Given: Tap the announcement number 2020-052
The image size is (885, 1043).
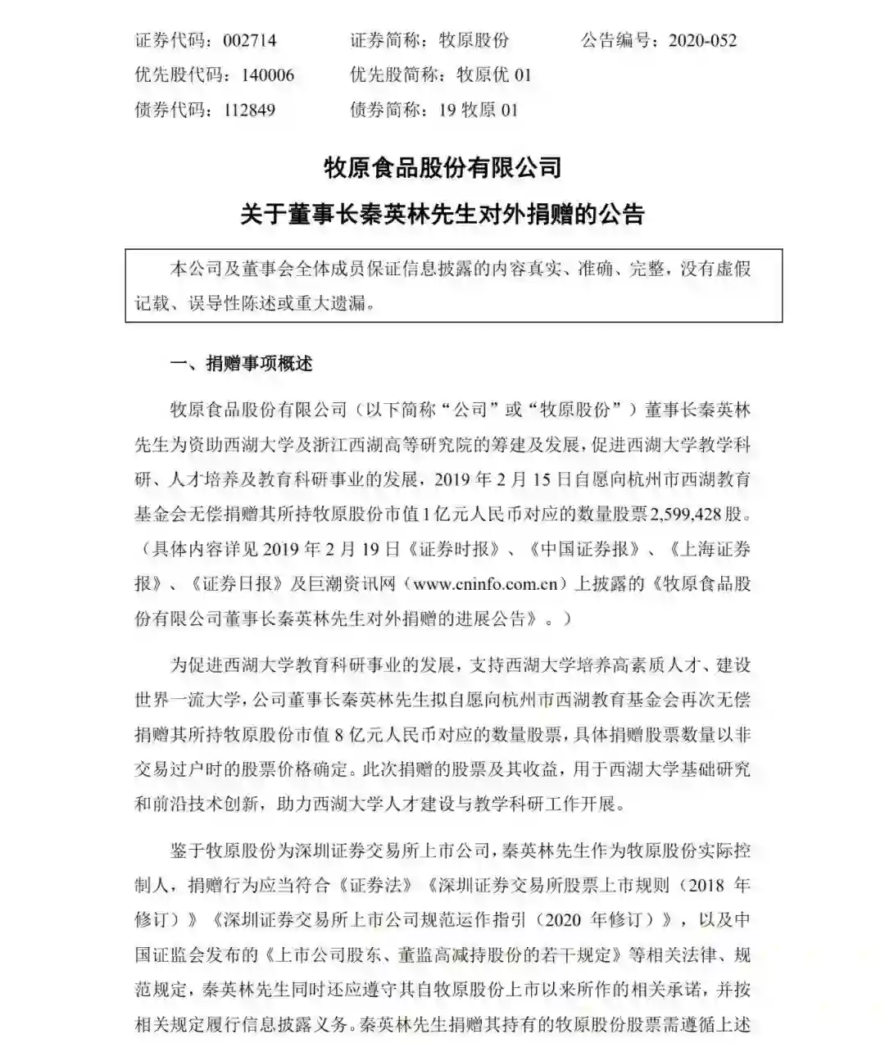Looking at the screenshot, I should (x=702, y=40).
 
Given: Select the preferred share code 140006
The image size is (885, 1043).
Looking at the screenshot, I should (x=267, y=75).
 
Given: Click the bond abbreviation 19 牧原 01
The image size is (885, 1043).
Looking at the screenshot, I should (x=478, y=110).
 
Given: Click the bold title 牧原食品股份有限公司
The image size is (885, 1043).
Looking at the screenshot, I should (x=442, y=168).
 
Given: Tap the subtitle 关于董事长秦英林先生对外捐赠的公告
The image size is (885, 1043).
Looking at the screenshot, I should (x=442, y=215).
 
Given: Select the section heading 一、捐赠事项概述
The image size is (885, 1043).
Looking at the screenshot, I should (x=241, y=364).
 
